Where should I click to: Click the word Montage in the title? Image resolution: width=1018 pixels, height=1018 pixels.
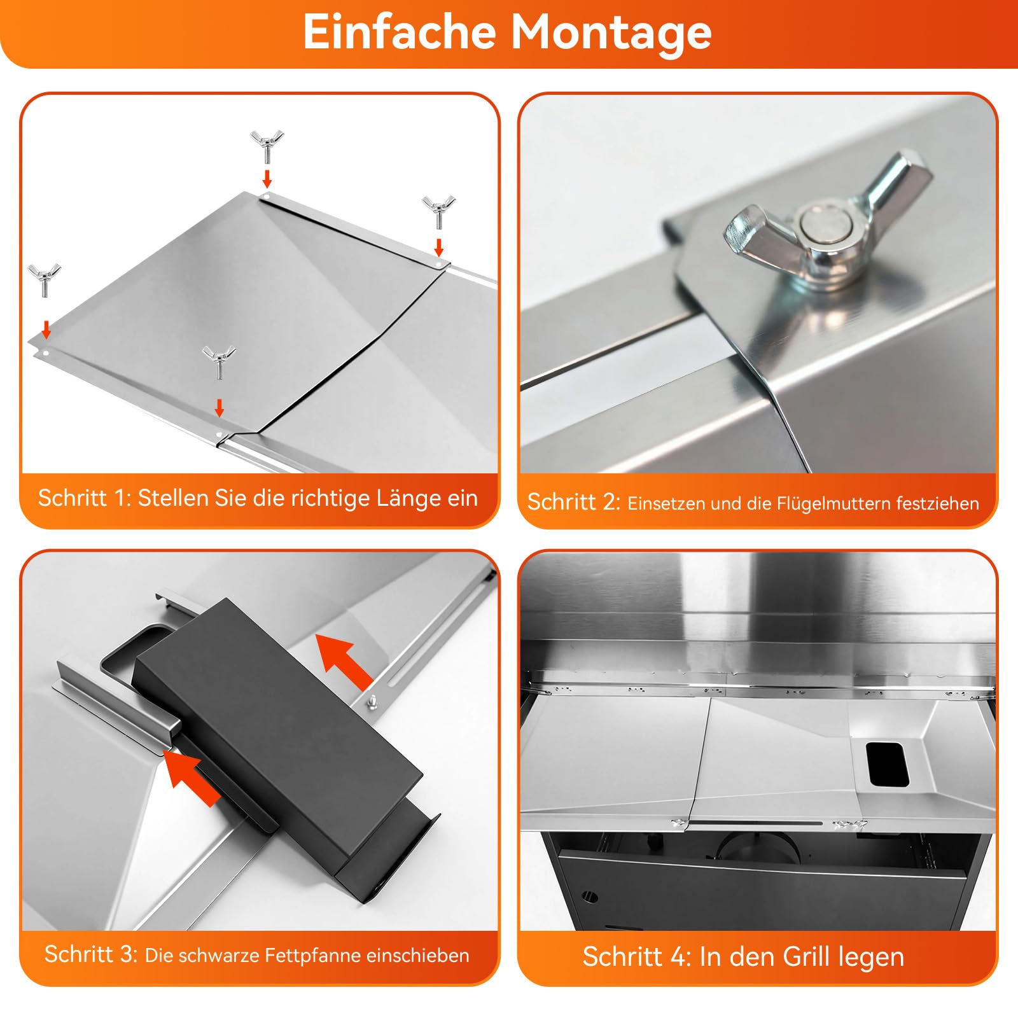(611, 32)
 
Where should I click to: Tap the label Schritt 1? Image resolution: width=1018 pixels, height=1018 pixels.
(85, 498)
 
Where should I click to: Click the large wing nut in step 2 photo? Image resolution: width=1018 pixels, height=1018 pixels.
(828, 223)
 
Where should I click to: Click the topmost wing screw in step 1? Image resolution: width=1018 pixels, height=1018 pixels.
(267, 146)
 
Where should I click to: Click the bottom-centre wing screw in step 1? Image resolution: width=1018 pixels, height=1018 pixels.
(219, 363)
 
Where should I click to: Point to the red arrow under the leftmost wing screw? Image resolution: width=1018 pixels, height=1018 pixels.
(46, 330)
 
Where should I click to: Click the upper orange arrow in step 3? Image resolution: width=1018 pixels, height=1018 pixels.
(345, 661)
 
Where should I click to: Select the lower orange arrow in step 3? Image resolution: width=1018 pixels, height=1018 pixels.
(192, 778)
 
